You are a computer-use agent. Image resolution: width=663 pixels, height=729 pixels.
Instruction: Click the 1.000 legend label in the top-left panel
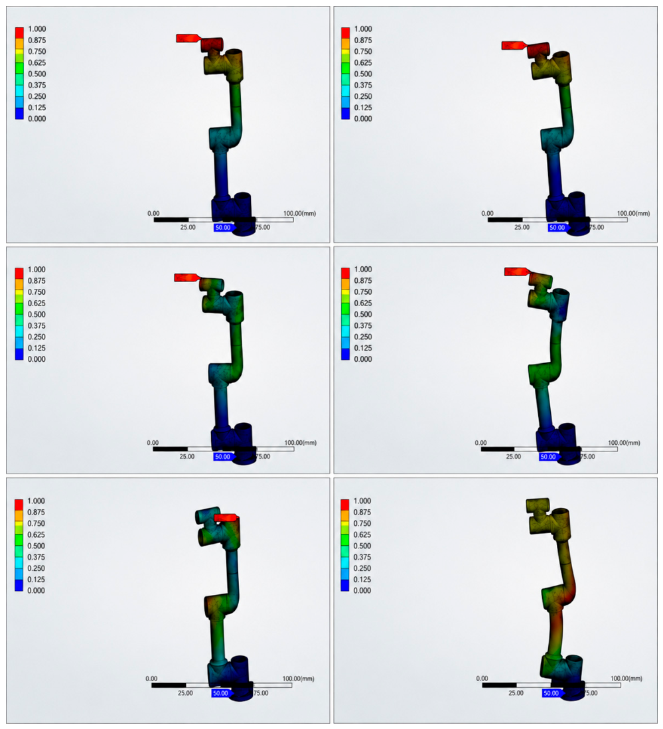pos(37,29)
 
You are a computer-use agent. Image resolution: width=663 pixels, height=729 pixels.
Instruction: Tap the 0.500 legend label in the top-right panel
pos(363,74)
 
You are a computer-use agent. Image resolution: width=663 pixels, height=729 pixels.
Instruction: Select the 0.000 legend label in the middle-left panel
pos(37,359)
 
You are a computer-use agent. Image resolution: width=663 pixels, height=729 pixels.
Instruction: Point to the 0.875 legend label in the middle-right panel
pos(363,280)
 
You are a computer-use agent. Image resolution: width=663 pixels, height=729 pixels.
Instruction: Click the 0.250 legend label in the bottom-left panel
pos(37,568)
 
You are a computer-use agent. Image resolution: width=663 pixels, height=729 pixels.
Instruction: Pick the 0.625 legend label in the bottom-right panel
pos(362,534)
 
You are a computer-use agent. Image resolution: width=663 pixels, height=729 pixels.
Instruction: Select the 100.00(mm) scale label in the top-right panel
pos(633,213)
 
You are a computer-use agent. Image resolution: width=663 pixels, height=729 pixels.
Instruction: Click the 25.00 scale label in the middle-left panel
pos(187,457)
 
